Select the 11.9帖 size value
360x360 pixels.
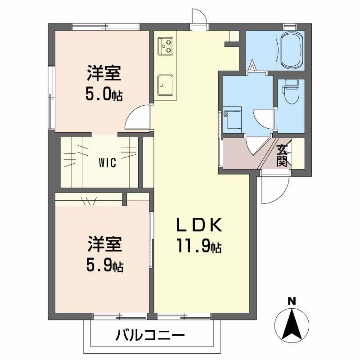[198, 247]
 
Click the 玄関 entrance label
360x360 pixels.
[282, 155]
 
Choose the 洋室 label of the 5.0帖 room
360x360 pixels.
[104, 72]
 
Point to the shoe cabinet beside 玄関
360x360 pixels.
[298, 153]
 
